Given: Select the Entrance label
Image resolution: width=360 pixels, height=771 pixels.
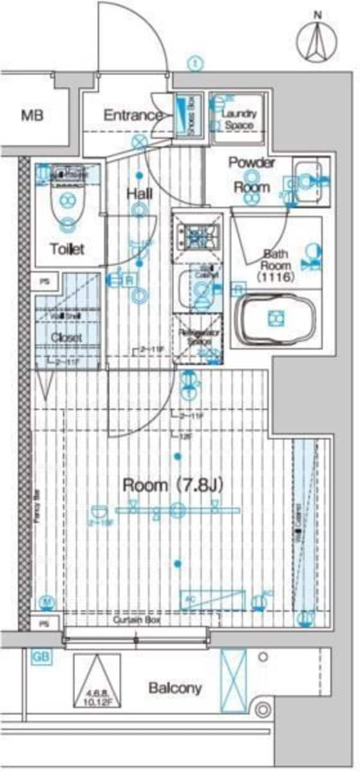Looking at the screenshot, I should (x=133, y=115).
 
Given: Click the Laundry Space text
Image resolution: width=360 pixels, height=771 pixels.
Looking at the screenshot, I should (x=239, y=119).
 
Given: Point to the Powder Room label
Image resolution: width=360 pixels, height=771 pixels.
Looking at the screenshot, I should (x=252, y=175).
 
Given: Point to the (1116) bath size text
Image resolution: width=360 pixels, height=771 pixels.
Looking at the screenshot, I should (x=276, y=277).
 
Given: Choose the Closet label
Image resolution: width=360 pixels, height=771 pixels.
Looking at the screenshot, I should (x=66, y=338).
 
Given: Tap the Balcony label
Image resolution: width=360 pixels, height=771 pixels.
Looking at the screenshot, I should (x=175, y=688).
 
